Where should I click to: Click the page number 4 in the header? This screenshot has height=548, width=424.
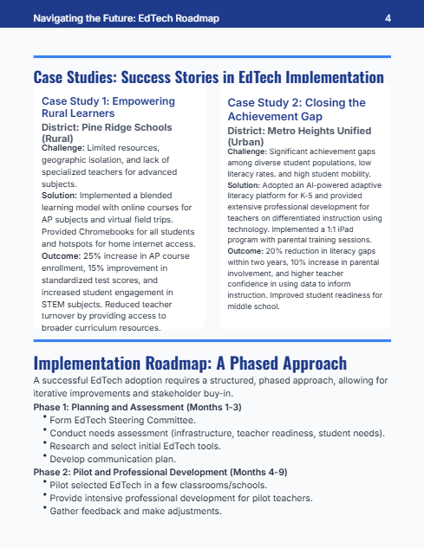[388, 17]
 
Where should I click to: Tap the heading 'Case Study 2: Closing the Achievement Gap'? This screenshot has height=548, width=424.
[297, 109]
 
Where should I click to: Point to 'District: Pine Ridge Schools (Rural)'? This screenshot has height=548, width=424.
[107, 132]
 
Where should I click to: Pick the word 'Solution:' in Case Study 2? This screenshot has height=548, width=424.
[247, 186]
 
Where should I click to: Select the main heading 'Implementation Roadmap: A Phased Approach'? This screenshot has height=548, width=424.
[190, 363]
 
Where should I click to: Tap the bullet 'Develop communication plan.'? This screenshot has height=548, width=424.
[113, 459]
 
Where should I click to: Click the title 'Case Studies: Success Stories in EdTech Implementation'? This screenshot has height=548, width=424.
[208, 76]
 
